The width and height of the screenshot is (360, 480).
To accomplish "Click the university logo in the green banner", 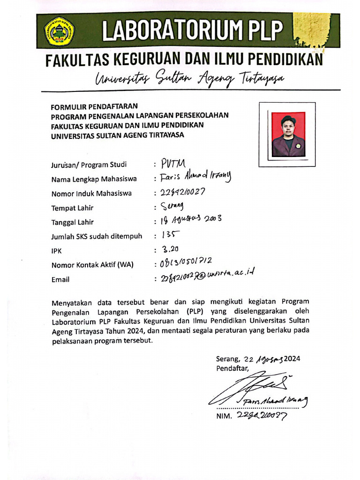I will (x=59, y=30).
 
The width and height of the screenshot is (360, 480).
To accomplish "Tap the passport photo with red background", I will (x=288, y=134).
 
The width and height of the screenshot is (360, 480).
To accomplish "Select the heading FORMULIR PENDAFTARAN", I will (x=94, y=106).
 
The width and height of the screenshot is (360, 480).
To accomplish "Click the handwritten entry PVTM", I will (x=173, y=164).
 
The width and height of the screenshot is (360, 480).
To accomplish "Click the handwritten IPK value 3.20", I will (x=170, y=249).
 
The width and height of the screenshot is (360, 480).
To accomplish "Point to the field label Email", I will (x=60, y=280).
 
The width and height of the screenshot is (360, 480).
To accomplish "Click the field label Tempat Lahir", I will (x=72, y=208).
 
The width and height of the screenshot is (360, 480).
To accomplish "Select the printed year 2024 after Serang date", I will (x=291, y=359).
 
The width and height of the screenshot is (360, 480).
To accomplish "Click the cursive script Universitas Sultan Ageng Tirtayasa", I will (x=189, y=78).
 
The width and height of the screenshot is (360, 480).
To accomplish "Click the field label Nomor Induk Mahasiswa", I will (x=91, y=193).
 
